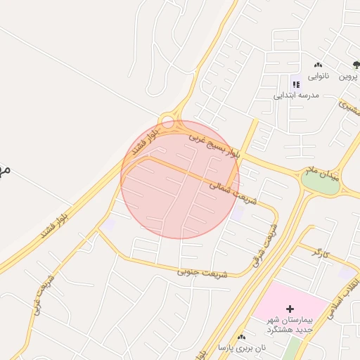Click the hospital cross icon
tap(290, 309)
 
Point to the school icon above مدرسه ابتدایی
tap(296, 84)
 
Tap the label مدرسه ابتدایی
tap(296, 94)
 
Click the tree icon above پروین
tap(356, 65)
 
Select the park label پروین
tap(349, 75)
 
